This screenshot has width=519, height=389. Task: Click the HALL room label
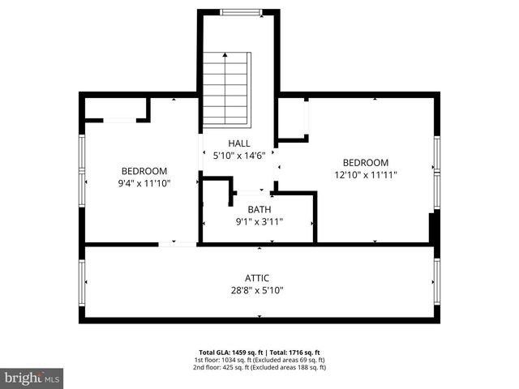[238, 143]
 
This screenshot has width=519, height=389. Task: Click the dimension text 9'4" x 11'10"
[144, 183]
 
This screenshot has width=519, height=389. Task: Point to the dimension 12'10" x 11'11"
[365, 174]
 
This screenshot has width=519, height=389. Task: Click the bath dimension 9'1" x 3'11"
[259, 220]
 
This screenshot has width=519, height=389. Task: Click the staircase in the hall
[225, 89]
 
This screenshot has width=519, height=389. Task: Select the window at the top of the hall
[241, 12]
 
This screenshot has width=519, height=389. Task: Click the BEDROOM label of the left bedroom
[144, 171]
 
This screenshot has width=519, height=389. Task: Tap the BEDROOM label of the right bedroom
[365, 162]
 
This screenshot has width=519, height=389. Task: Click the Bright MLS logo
[32, 378]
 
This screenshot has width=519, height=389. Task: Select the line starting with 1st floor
[259, 360]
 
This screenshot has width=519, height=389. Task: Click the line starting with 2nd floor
[259, 367]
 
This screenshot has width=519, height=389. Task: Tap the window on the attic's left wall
[82, 281]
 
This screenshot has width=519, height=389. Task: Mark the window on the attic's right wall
[436, 281]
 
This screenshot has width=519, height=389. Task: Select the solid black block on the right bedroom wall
[434, 227]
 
